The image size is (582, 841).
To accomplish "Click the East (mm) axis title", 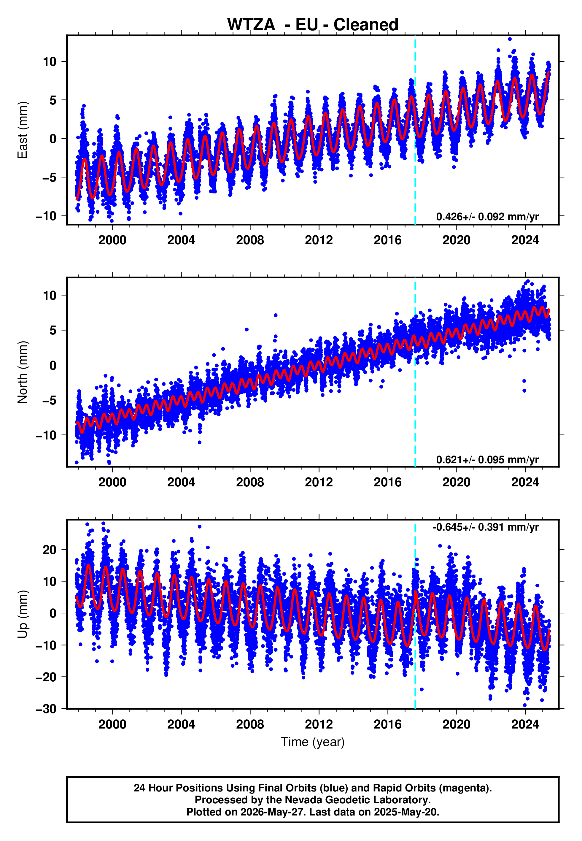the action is [22, 130].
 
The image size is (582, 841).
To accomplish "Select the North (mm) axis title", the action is [22, 372].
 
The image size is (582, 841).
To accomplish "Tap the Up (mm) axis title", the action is [22, 615].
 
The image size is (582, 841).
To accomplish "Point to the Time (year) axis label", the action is [313, 742].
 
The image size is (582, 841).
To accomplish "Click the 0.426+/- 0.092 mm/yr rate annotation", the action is [487, 217].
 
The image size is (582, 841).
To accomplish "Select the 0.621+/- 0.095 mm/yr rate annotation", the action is [487, 459].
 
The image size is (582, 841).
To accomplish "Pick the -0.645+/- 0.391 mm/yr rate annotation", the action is [485, 527].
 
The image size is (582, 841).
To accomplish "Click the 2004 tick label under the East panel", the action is [181, 240].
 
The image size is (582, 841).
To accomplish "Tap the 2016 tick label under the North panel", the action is [388, 482].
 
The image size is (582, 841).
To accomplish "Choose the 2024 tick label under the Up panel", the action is [525, 724].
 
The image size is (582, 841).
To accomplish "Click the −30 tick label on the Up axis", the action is [46, 709].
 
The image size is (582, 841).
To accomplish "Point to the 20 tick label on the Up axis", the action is [50, 550].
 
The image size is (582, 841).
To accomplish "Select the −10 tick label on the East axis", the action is [46, 216].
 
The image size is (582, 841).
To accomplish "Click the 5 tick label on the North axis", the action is [53, 330].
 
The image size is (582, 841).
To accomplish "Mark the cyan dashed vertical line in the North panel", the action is [415, 372].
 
